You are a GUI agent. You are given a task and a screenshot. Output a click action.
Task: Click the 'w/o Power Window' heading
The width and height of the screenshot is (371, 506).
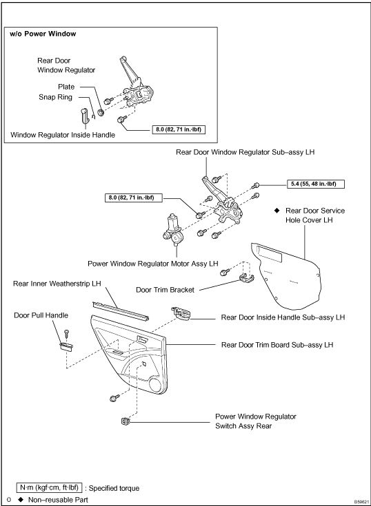click(43, 34)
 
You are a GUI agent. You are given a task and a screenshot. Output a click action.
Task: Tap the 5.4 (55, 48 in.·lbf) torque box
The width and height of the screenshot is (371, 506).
click(315, 184)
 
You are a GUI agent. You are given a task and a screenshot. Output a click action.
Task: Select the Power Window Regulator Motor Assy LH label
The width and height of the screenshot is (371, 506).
click(153, 264)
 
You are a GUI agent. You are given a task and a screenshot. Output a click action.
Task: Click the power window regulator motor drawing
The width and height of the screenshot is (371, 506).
click(174, 229)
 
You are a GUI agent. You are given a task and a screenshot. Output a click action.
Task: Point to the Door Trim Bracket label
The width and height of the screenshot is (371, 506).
click(165, 289)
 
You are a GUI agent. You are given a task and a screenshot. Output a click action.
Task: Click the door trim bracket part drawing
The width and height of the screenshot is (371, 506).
click(246, 277)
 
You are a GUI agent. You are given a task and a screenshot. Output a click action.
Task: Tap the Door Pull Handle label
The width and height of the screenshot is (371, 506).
click(41, 315)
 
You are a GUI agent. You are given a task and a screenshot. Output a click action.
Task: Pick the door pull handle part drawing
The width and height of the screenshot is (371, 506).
click(66, 346)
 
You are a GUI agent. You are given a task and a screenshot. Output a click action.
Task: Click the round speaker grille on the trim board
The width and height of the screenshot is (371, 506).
click(157, 385)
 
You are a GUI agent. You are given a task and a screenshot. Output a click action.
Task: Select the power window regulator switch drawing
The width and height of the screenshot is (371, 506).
click(124, 421)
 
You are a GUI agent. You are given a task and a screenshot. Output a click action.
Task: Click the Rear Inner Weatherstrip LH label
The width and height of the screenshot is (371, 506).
click(57, 284)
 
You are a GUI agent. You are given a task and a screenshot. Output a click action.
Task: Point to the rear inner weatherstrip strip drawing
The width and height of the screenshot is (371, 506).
click(121, 311)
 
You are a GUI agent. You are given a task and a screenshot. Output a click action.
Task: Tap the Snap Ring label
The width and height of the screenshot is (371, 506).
click(56, 97)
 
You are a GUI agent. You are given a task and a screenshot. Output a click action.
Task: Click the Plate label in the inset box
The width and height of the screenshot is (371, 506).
click(66, 87)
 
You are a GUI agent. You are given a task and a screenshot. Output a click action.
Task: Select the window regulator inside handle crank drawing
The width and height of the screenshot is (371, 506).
click(84, 116)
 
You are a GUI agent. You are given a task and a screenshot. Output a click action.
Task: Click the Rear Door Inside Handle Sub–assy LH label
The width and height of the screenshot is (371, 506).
click(283, 317)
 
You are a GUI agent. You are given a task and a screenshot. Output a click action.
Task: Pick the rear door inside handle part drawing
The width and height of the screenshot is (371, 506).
click(181, 313)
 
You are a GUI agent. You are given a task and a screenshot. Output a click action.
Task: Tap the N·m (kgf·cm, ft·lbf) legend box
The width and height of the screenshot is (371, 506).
click(50, 487)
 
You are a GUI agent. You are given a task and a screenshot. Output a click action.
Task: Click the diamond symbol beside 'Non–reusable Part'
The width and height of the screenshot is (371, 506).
click(21, 500)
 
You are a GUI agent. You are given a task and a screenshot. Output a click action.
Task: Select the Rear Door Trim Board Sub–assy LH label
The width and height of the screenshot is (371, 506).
click(277, 345)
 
